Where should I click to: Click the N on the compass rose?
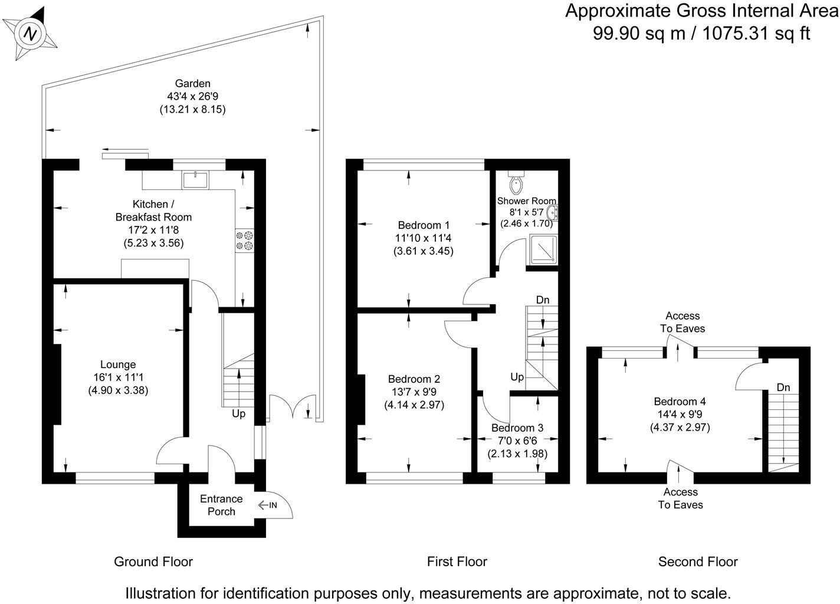(30, 34)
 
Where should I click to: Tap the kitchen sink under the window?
(195, 179)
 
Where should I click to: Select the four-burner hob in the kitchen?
(244, 241)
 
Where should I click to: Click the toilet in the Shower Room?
(516, 182)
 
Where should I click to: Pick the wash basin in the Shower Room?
(552, 212)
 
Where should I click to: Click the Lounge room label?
(118, 365)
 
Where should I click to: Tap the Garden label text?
(193, 83)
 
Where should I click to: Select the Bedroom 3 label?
(517, 428)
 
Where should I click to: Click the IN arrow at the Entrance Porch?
(268, 505)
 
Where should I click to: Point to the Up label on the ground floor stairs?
(238, 414)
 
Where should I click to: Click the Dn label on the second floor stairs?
(783, 388)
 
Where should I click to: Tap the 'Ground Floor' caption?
(153, 562)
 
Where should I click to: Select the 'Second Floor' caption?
(698, 562)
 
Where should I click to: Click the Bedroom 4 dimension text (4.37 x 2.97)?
(680, 428)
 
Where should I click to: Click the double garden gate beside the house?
(294, 406)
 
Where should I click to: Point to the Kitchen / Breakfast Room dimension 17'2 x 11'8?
(154, 230)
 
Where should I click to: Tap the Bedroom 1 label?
(424, 225)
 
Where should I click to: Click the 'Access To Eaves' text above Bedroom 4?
(682, 322)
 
